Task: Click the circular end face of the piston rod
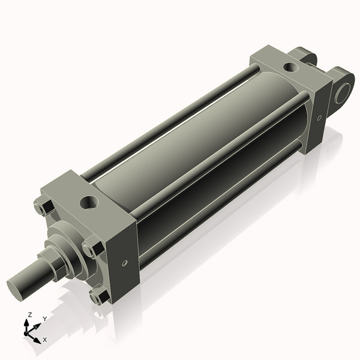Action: click(x=17, y=285)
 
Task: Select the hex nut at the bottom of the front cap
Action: click(x=98, y=296)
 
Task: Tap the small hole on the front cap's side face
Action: click(x=124, y=262)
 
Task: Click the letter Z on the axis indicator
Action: click(x=29, y=314)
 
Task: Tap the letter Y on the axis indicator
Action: click(x=44, y=319)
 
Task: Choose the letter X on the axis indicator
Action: click(x=45, y=340)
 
